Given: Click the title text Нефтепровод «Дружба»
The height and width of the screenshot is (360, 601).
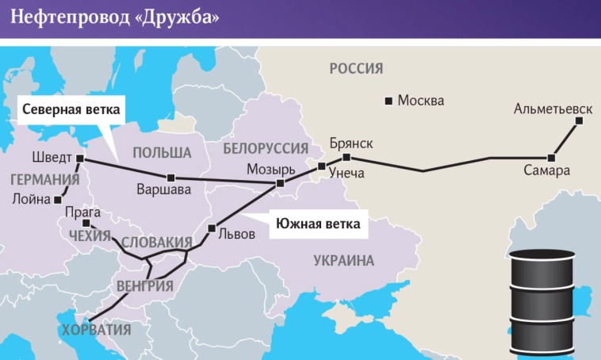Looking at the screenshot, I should tap(115, 17).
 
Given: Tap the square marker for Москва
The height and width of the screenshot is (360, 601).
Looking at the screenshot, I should tap(389, 101).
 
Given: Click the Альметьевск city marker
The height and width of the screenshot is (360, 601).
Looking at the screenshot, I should tap(579, 121).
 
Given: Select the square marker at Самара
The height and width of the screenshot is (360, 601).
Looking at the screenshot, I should tap(551, 157).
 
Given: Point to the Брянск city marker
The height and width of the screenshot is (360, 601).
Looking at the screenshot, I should tap(346, 158).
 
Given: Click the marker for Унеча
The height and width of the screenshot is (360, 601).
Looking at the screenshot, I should tap(321, 167).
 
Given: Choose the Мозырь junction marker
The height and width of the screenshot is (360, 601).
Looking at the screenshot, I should tap(280, 183).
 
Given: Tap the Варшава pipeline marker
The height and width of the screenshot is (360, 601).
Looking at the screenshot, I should tap(170, 177).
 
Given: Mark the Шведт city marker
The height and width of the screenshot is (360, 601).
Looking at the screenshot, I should tap(80, 159).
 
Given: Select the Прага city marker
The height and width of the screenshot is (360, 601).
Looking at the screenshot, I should tap(85, 223).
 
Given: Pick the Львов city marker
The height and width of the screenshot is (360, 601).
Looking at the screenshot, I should tap(212, 228).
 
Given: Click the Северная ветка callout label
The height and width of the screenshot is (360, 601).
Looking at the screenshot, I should tap(70, 109).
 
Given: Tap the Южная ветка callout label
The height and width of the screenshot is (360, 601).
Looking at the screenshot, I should tap(317, 224).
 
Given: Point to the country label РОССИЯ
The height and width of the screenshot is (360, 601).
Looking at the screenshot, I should tap(356, 69).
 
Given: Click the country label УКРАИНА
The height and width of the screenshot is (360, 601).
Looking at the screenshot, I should tap(343, 260).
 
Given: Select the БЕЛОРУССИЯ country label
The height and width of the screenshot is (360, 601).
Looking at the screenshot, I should tap(265, 149).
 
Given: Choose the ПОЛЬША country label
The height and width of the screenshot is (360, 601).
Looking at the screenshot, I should tap(162, 152).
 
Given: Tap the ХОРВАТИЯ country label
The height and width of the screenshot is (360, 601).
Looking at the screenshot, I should tap(96, 328).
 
